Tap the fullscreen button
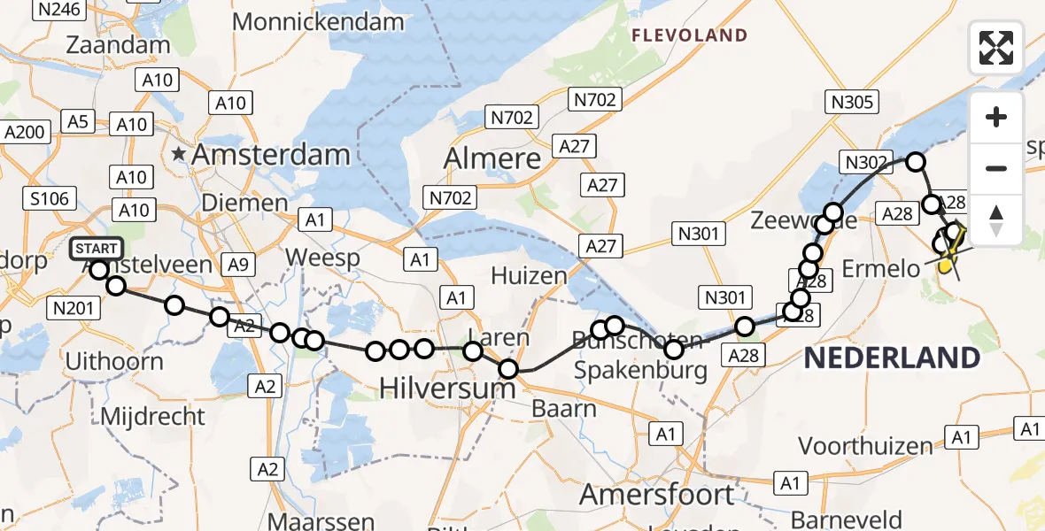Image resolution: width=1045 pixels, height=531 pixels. pyautogui.click(x=996, y=47)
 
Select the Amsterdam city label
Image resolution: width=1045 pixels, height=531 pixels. pyautogui.click(x=270, y=155)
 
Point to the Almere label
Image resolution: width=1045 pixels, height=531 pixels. pyautogui.click(x=492, y=158)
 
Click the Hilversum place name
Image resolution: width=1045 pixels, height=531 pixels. pyautogui.click(x=447, y=388)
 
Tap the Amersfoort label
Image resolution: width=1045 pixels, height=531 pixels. pyautogui.click(x=657, y=494)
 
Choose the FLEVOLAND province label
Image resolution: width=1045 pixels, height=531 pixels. pyautogui.click(x=690, y=35)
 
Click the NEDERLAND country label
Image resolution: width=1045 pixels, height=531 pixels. pyautogui.click(x=892, y=358)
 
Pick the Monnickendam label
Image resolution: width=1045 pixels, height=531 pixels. pyautogui.click(x=321, y=21)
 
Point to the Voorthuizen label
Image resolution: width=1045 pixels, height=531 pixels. pyautogui.click(x=866, y=444)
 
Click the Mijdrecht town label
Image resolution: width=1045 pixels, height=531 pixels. pyautogui.click(x=153, y=416)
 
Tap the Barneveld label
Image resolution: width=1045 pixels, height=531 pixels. pyautogui.click(x=847, y=519)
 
